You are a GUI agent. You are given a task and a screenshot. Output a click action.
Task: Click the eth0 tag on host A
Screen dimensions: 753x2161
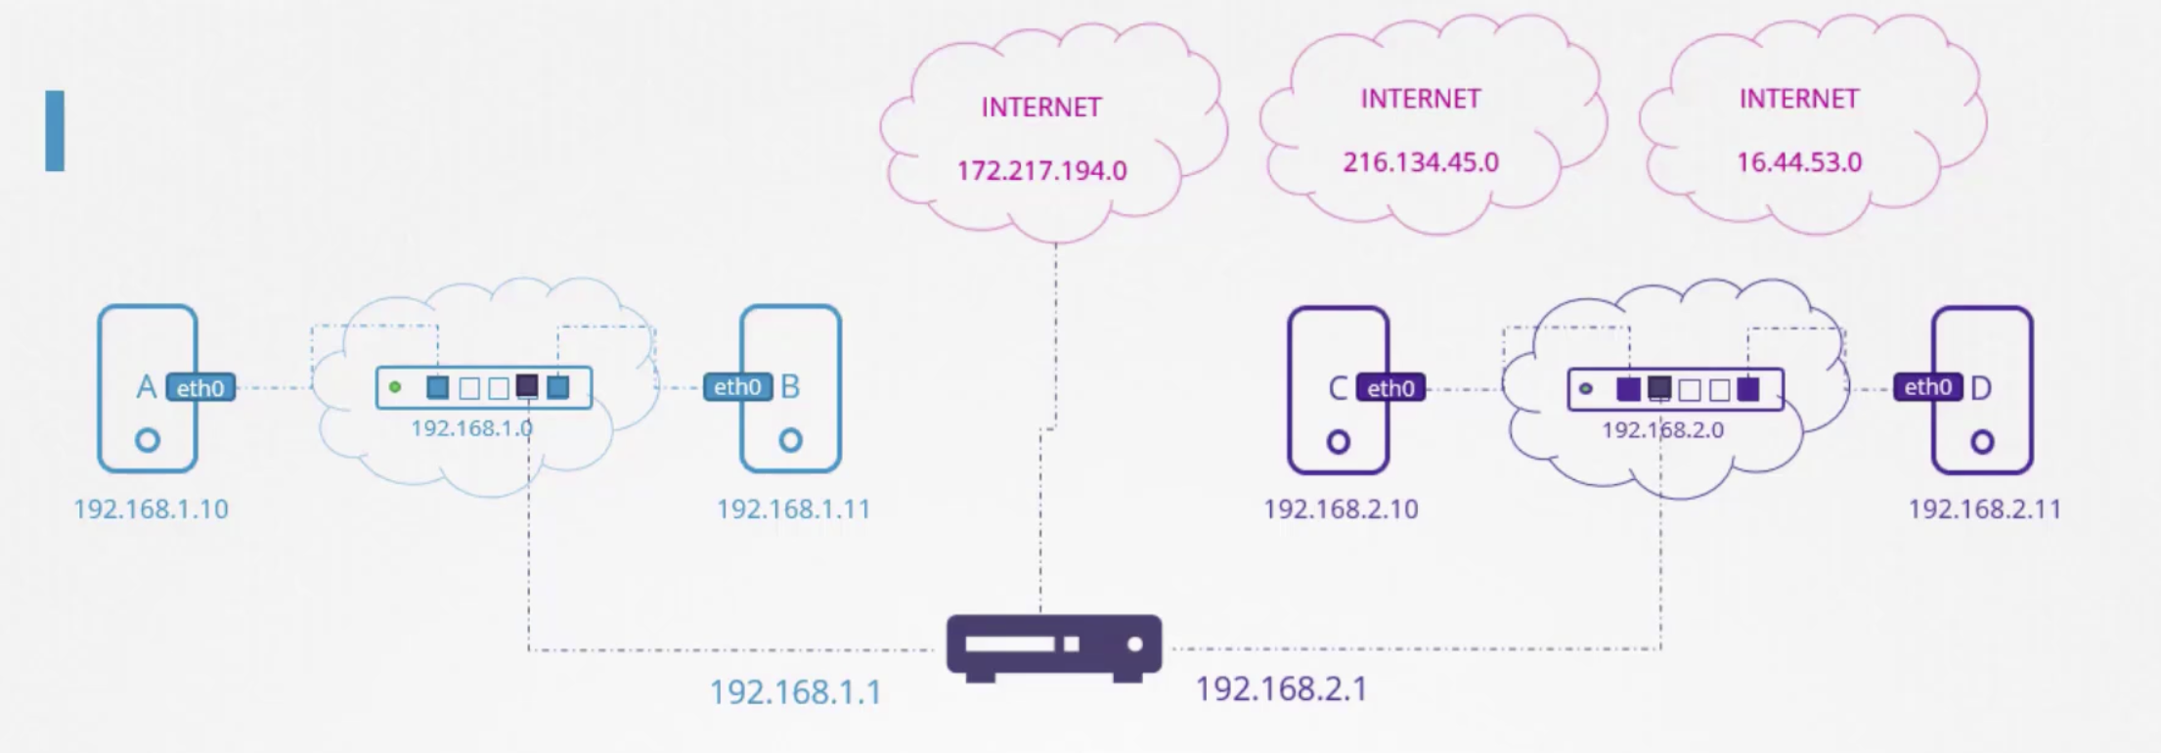point(200,388)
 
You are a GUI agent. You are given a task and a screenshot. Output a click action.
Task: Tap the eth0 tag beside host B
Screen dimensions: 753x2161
point(736,387)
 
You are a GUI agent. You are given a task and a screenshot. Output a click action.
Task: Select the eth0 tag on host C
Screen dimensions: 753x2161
point(1389,388)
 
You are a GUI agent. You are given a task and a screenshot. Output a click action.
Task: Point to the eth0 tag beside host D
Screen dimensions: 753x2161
point(1927,387)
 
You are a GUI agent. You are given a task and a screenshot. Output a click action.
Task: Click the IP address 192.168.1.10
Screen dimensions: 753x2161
point(151,509)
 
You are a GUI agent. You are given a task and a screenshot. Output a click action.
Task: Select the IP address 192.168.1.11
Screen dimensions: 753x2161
point(793,509)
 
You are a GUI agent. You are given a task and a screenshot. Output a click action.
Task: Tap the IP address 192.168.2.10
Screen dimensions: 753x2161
point(1341,509)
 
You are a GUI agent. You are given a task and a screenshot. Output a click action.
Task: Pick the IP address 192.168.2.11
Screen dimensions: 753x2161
point(1984,509)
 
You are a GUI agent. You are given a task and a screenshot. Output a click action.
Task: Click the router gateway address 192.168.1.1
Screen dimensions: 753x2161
point(795,692)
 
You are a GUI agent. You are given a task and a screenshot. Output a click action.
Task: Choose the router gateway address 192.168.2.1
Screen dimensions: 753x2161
point(1281,689)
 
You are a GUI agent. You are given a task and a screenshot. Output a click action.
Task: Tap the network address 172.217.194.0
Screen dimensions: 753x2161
point(1041,171)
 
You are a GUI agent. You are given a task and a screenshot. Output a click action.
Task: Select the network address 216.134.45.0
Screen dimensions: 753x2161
point(1420,162)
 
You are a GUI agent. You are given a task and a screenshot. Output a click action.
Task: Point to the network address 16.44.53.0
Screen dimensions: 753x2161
point(1798,162)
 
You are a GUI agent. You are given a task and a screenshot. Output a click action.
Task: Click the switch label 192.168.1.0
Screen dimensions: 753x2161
point(471,428)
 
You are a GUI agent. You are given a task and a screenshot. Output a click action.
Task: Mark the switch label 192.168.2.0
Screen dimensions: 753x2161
point(1662,430)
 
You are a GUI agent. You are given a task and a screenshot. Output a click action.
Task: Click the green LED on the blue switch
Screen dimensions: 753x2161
point(395,387)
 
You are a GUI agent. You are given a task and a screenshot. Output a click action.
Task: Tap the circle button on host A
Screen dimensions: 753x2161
point(148,440)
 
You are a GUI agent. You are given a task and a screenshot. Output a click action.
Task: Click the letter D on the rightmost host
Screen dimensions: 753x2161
point(1980,389)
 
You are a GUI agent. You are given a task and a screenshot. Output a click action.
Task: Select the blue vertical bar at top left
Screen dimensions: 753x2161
point(55,131)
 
